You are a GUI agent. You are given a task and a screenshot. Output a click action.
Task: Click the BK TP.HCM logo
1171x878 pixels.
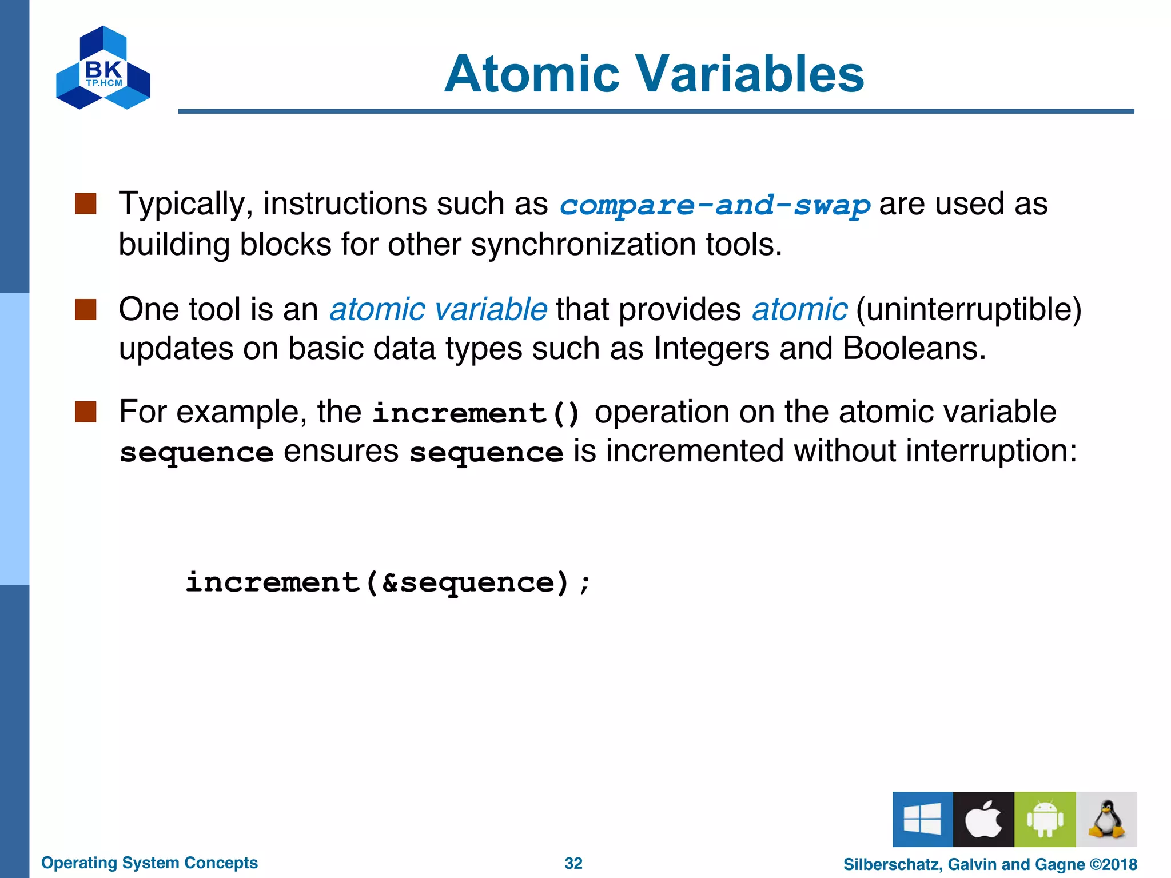tap(103, 68)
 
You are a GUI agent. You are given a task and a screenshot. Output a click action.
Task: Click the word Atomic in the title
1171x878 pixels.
tap(532, 74)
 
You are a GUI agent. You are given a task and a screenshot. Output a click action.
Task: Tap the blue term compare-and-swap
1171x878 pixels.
tap(714, 205)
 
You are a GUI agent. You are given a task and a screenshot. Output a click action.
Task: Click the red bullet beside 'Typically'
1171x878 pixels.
tap(86, 203)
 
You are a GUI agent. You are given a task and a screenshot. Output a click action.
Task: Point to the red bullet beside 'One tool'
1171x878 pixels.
tap(86, 309)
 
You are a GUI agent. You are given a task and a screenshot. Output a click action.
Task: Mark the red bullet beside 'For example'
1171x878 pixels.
tap(86, 412)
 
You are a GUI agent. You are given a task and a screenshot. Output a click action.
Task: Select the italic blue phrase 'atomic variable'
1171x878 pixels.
tap(438, 309)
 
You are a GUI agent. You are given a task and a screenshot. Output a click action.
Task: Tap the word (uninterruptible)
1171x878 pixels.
tap(969, 309)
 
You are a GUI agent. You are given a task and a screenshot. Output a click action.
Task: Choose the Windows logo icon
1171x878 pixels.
tap(922, 819)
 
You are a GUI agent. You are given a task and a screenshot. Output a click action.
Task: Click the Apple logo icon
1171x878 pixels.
tap(983, 819)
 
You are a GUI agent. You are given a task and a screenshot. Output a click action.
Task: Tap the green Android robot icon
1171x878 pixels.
tap(1045, 819)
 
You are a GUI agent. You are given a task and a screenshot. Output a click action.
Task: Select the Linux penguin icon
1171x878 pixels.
tap(1106, 819)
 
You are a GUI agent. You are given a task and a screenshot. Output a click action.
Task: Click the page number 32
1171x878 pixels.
tap(573, 863)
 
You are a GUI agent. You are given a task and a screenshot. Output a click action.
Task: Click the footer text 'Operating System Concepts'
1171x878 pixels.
tap(149, 863)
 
